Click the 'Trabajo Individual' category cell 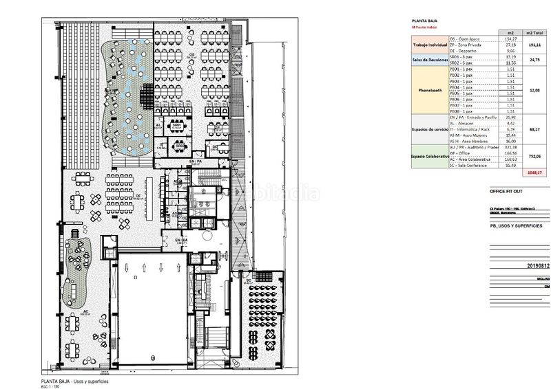pyautogui.click(x=429, y=45)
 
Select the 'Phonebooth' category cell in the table pyautogui.click(x=429, y=89)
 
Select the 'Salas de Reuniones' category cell pyautogui.click(x=429, y=60)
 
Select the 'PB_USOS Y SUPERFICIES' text pyautogui.click(x=515, y=225)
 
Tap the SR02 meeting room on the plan pyautogui.click(x=179, y=146)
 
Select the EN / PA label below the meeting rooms pyautogui.click(x=196, y=161)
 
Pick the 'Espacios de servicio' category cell pyautogui.click(x=429, y=129)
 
